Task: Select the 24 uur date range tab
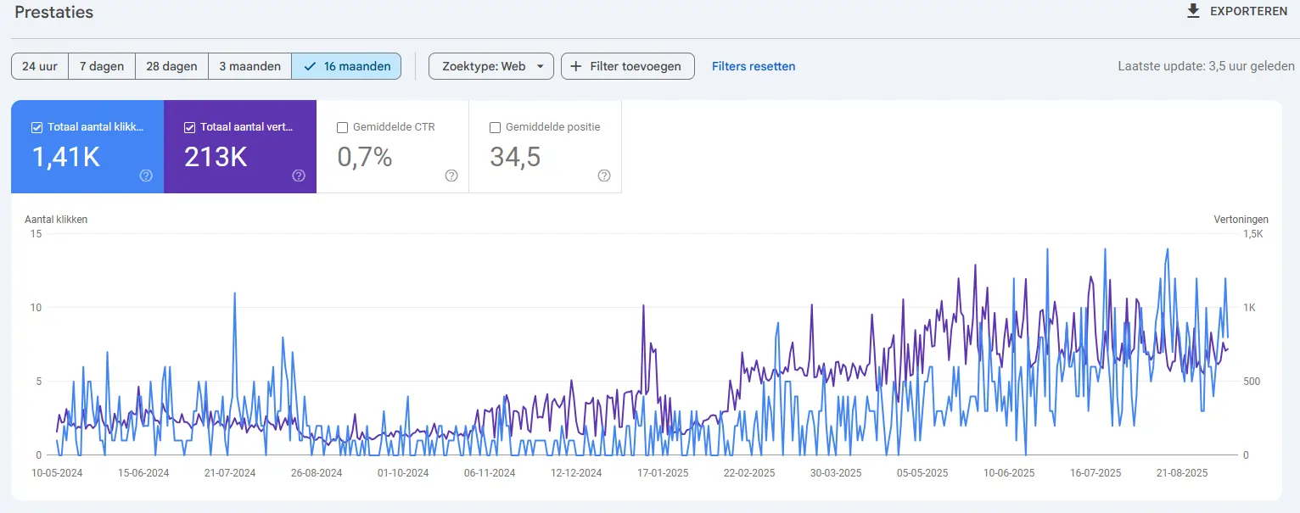40,66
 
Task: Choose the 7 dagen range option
102,66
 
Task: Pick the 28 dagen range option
171,66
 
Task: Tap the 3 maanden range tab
249,66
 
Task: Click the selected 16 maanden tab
346,66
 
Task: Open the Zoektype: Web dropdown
491,66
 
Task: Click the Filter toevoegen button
627,66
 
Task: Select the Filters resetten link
754,66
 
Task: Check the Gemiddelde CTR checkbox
343,127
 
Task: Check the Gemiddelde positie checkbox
496,127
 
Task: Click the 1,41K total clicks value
66,157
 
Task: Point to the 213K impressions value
216,157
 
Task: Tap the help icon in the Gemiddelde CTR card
451,176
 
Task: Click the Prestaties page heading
53,13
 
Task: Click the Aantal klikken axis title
56,220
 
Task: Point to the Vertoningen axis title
1241,220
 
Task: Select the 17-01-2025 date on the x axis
664,473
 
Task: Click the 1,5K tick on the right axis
1253,234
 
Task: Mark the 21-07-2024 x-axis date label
231,473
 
